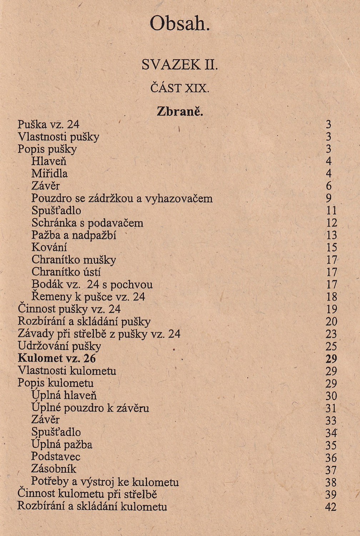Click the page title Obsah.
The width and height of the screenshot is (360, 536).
180,24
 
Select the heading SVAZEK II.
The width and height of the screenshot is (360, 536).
180,65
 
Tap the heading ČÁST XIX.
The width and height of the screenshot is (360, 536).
180,88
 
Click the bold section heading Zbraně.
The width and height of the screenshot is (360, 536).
180,111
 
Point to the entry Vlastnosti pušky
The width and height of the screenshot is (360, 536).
59,137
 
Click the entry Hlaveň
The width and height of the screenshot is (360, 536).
49,161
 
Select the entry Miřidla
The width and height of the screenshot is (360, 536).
50,174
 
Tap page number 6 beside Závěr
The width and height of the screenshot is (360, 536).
329,186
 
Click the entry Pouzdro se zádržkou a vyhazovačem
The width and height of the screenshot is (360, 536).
122,198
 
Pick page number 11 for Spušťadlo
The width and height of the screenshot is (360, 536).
331,210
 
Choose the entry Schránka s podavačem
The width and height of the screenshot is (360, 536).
87,223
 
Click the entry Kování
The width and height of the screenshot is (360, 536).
49,247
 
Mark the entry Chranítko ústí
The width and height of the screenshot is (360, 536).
66,272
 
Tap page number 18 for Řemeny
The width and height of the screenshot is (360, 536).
331,297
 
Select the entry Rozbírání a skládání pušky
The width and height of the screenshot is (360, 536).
84,322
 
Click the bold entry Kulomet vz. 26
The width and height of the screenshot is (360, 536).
57,358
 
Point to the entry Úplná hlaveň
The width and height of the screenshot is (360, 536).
64,396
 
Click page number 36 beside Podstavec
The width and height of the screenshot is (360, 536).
331,458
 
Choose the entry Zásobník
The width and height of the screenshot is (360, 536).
54,469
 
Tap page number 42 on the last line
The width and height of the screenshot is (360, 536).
331,507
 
